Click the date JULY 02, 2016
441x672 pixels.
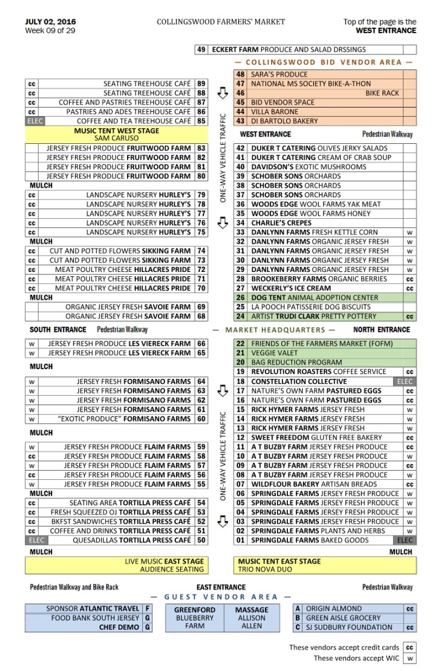[x=50, y=22]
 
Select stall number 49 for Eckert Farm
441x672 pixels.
[x=201, y=50]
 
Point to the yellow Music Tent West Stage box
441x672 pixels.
[x=117, y=134]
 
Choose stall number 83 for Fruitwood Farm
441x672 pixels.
[x=201, y=148]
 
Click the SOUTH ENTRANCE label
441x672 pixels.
[x=57, y=330]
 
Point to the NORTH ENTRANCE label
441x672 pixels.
[x=382, y=330]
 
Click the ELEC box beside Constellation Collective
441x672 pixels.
[x=404, y=381]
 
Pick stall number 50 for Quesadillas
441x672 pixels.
[x=201, y=540]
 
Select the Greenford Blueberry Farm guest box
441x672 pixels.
[x=195, y=618]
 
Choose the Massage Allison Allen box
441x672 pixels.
[x=252, y=618]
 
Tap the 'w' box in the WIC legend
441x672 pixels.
[x=410, y=658]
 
